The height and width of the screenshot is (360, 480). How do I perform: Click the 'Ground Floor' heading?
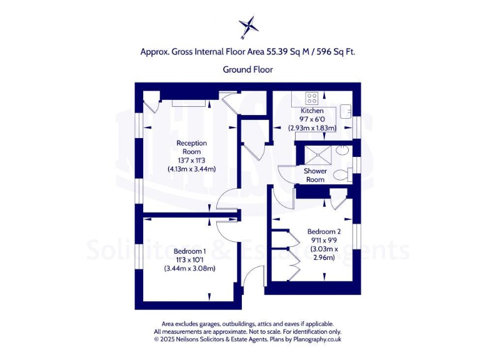247,69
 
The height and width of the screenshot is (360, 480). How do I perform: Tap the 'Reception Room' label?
191,147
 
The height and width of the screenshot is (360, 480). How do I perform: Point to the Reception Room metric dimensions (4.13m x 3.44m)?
191,169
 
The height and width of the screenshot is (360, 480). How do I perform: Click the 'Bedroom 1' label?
190,251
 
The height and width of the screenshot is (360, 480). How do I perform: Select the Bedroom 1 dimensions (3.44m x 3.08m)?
190,268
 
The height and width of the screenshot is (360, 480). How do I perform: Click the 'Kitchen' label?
312,111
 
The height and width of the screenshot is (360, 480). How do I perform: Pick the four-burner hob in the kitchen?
312,98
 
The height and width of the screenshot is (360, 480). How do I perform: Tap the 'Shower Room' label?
315,175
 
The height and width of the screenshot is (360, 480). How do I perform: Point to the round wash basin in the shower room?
342,151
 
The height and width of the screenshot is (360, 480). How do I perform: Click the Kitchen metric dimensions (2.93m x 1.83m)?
312,127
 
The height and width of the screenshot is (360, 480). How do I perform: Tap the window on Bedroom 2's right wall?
357,237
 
